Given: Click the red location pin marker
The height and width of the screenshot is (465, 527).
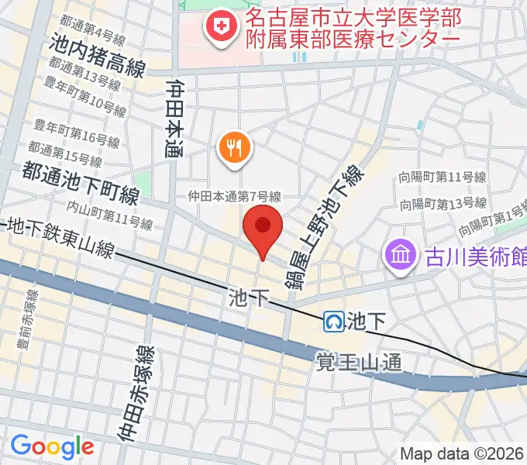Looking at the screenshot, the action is [x=263, y=228].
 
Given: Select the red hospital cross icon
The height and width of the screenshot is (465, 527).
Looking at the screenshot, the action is [x=219, y=28].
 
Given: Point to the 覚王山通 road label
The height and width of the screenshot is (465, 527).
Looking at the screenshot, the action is [x=360, y=361].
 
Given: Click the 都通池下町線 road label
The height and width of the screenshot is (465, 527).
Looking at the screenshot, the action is [x=81, y=183].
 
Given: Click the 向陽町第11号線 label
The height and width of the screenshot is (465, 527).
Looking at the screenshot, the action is [x=443, y=177].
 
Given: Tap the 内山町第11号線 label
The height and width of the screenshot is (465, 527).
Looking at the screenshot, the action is [x=109, y=215].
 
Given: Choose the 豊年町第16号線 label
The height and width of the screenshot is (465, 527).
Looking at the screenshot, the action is [x=77, y=129].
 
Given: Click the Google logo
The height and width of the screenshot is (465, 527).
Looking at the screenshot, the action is [x=52, y=446].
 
